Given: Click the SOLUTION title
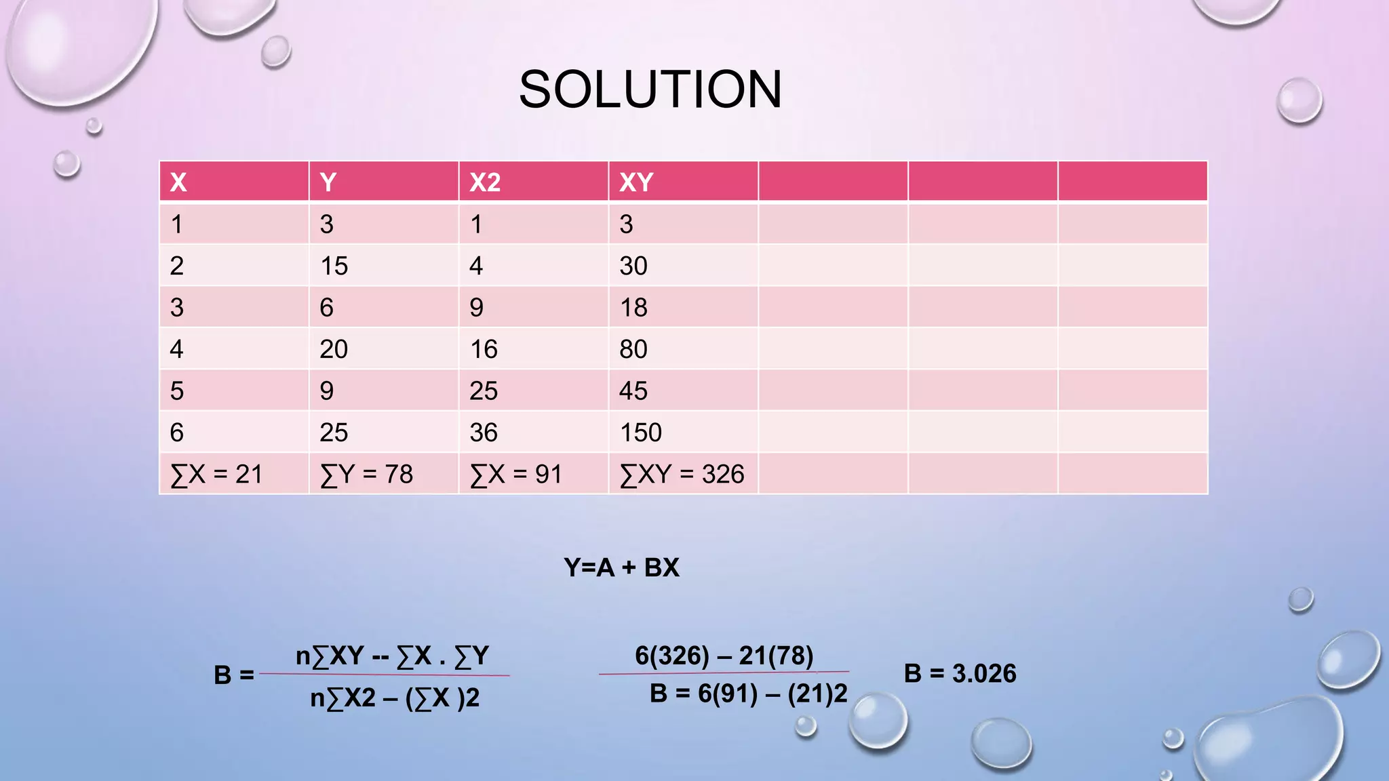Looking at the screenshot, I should (x=650, y=89).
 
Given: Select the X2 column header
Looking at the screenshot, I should (x=485, y=182).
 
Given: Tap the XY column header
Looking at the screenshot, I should (x=635, y=182).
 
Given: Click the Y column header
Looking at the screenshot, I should (x=328, y=182).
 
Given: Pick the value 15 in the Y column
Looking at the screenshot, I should (x=334, y=266).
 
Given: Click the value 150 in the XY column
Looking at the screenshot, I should (x=640, y=433).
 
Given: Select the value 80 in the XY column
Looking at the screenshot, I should (x=633, y=349).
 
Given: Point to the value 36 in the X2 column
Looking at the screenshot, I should (x=484, y=433).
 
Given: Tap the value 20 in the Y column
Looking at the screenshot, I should (x=334, y=349).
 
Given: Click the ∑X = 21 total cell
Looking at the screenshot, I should (x=216, y=474).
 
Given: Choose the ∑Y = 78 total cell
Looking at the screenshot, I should (x=366, y=474).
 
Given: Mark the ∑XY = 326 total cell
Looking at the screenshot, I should (x=682, y=474).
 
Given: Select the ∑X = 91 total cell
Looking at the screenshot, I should (x=516, y=474).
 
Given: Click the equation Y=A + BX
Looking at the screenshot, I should (x=621, y=567).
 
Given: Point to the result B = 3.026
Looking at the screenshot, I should (x=960, y=673).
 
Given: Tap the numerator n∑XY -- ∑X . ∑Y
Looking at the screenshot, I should (x=392, y=656).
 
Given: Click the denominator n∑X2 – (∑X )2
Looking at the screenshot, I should (x=395, y=698).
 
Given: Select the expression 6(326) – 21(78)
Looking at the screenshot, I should (x=724, y=656).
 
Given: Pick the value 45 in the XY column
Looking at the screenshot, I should (x=633, y=391).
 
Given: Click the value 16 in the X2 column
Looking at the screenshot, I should (x=484, y=349).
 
